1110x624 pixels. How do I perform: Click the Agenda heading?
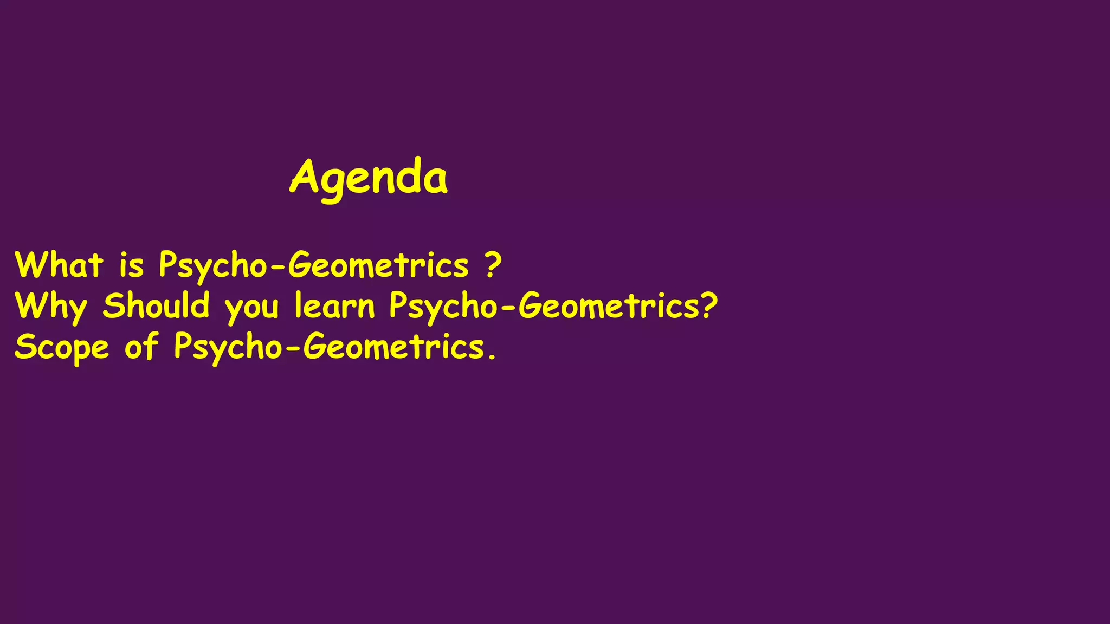tap(369, 178)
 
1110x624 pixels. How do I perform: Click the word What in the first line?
tap(59, 265)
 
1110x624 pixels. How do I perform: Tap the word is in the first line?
tap(132, 265)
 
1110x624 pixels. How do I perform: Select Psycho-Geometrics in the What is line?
tap(314, 266)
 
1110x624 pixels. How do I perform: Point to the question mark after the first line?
tap(493, 265)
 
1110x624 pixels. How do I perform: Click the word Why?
tap(51, 307)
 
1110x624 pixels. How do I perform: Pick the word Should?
tap(156, 305)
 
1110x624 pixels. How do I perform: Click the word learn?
tap(334, 306)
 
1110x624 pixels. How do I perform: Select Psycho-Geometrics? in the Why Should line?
tap(553, 307)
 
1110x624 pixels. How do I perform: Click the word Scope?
tap(61, 348)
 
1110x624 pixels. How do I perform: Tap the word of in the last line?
tap(141, 347)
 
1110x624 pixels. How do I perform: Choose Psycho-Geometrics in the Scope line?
tap(329, 348)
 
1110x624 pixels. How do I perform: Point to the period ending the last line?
tap(492, 357)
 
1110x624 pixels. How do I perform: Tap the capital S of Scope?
tap(25, 347)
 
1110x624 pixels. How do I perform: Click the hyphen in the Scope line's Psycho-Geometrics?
tap(292, 349)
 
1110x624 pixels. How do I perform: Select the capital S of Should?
tap(114, 305)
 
